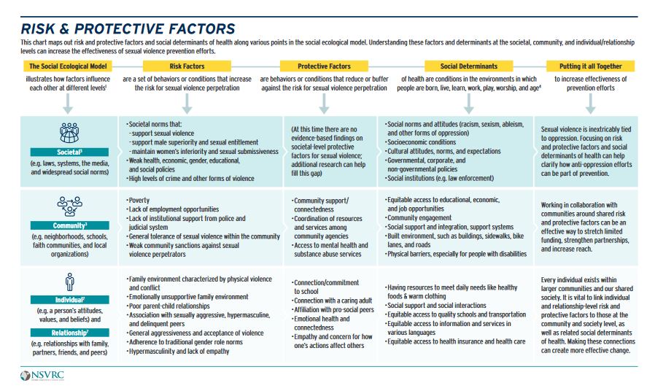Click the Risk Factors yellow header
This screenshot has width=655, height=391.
pos(186,66)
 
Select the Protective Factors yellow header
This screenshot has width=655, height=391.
pos(324,66)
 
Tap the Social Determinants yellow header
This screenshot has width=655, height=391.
pos(469,66)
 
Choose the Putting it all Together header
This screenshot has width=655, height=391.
pos(590,66)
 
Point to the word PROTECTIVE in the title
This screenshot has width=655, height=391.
pos(119,29)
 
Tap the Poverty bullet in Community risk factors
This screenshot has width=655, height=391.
pos(139,200)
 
